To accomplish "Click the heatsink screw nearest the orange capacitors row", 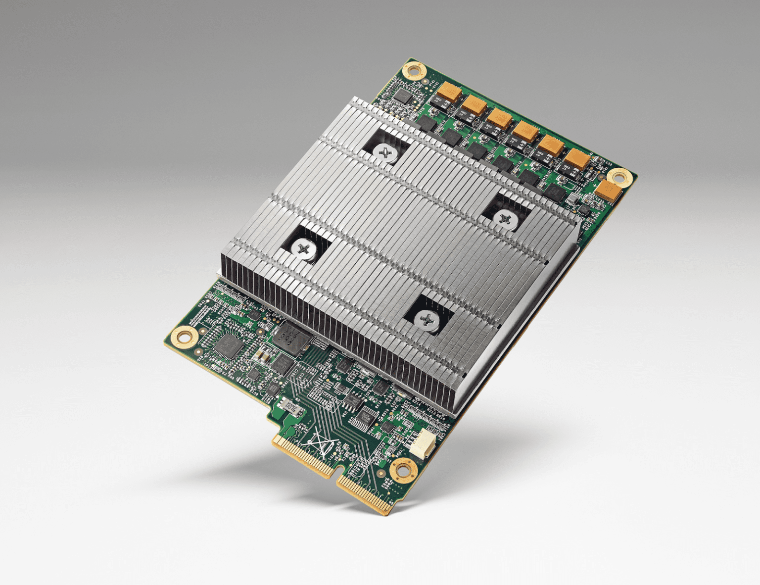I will coord(385,153).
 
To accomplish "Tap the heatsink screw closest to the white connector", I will coord(427,320).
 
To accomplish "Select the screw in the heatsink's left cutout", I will coord(303,247).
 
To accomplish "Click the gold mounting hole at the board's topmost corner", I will coord(414,71).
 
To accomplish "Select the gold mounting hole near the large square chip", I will coord(184,337).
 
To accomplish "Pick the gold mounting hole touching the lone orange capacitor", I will coord(619,177).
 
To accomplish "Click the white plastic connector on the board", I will coord(421,442).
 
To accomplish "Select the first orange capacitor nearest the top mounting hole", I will coord(449,92).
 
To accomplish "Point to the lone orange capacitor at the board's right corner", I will coord(609,191).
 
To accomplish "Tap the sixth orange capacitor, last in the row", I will coord(576,159).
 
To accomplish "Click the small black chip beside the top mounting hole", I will coord(404,97).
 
